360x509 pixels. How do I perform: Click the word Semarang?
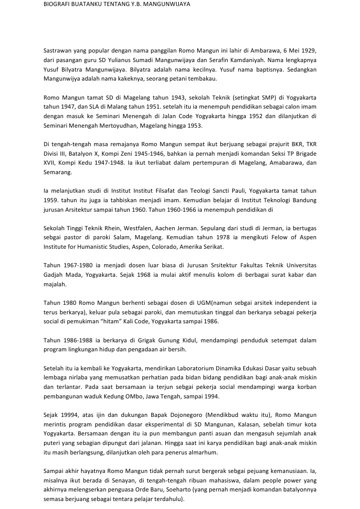click(58, 171)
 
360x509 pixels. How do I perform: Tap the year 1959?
click(51, 199)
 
